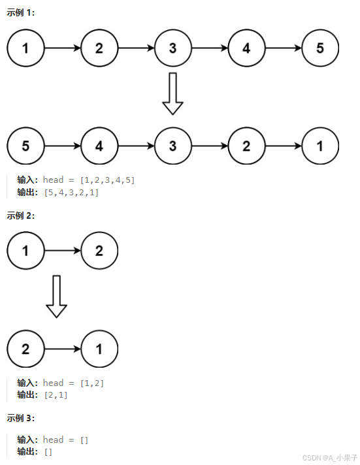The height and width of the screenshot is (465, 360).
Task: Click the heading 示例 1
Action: point(20,12)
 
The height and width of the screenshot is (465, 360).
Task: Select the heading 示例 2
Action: point(20,215)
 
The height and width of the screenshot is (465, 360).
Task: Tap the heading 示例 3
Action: point(20,417)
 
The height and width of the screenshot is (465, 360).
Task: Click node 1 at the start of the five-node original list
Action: point(25,48)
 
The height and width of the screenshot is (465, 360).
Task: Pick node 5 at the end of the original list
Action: point(320,48)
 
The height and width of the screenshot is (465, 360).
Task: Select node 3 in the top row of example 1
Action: point(172,48)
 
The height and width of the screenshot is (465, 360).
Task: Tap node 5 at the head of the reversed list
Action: point(25,146)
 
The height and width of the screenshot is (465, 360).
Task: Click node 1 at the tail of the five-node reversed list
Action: point(320,146)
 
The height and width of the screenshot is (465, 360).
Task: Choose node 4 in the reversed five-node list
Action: point(99,146)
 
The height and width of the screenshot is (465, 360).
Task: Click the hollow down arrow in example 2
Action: point(57,297)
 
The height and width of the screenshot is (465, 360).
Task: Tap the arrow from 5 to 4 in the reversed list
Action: point(62,146)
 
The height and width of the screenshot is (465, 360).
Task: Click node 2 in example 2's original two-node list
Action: point(99,250)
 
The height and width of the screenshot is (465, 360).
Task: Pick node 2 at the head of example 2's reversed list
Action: point(25,349)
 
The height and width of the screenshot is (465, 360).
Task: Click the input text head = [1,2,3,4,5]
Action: point(88,180)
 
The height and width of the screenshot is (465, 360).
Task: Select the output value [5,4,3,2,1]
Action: point(71,192)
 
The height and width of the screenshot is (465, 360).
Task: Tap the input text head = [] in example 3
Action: point(65,440)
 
